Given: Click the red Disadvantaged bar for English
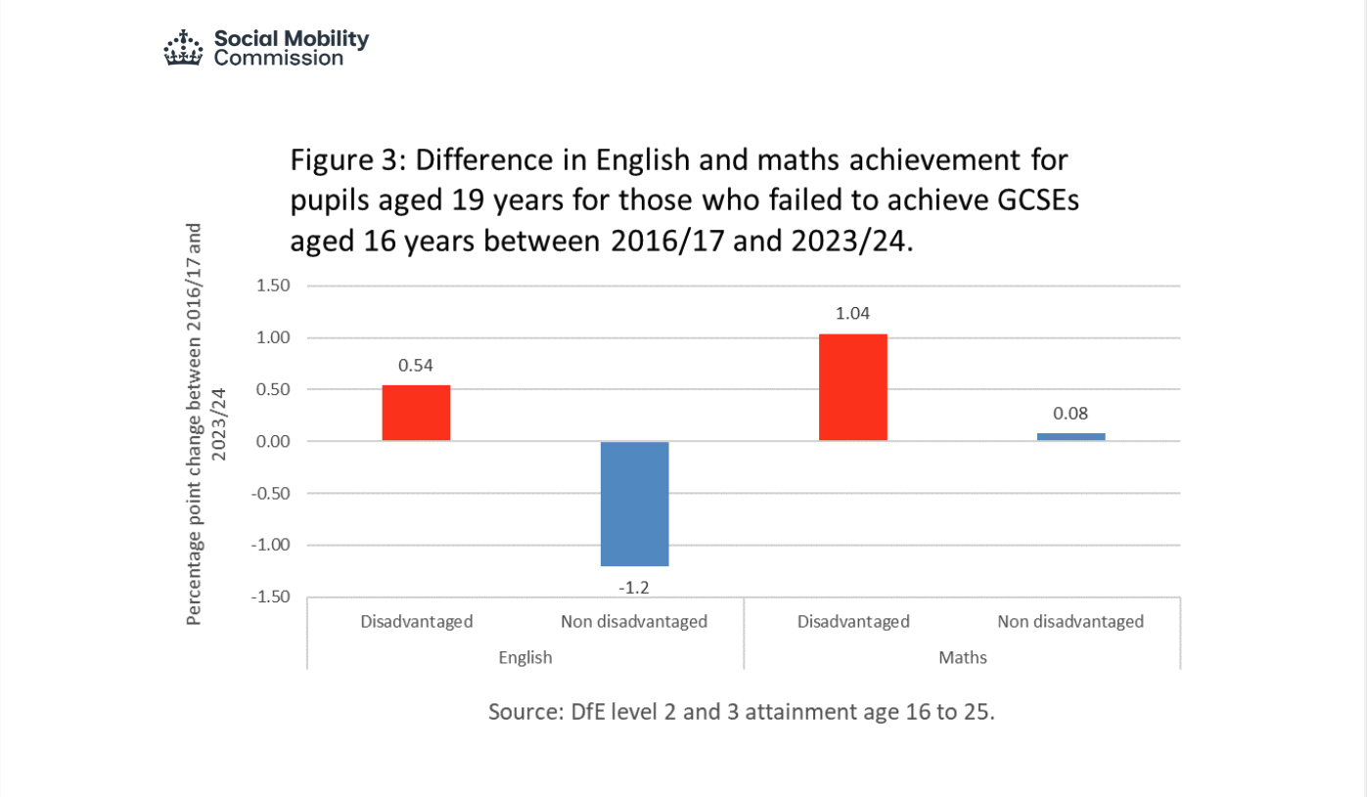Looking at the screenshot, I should [x=416, y=413].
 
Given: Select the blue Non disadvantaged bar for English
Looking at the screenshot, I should [x=634, y=504].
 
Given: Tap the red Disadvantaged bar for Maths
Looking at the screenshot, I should [x=853, y=387].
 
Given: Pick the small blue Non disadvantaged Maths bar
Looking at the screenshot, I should [x=1071, y=436].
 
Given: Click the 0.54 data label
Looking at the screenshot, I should [x=416, y=366].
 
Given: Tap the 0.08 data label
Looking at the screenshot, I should [x=1071, y=414].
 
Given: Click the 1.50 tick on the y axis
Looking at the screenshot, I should [x=273, y=287].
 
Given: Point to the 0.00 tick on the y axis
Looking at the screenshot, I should [x=273, y=442].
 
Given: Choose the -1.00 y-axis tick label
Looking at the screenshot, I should [x=270, y=545].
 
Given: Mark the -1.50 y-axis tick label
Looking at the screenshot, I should [x=270, y=597].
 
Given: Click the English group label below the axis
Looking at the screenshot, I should [x=525, y=657].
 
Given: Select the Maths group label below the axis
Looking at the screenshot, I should [x=963, y=657].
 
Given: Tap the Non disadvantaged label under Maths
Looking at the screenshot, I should [x=1071, y=621].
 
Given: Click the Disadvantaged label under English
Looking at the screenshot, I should [x=416, y=621].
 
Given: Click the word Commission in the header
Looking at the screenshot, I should [x=279, y=58].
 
